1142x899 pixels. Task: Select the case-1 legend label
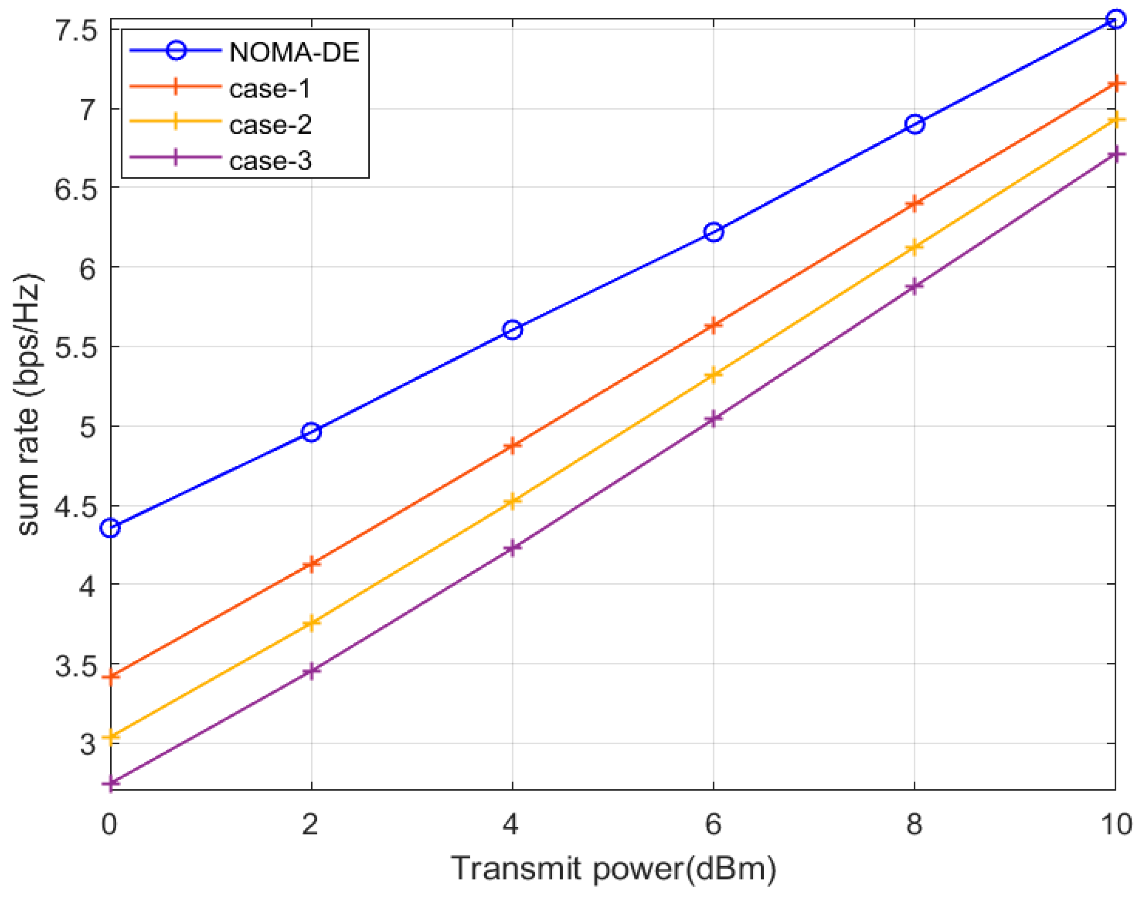click(x=270, y=88)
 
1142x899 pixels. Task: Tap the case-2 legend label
click(x=270, y=125)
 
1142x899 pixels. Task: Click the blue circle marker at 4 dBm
click(x=512, y=330)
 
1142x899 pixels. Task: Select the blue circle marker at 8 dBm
click(x=915, y=125)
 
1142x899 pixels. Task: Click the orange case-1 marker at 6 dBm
click(x=713, y=325)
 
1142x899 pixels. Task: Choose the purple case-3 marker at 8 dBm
click(x=915, y=286)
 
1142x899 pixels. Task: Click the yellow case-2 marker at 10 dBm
click(x=1115, y=120)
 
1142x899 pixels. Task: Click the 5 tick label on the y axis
click(x=87, y=427)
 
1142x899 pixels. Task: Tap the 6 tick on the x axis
click(x=713, y=824)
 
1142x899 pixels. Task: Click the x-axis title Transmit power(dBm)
click(x=614, y=870)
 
